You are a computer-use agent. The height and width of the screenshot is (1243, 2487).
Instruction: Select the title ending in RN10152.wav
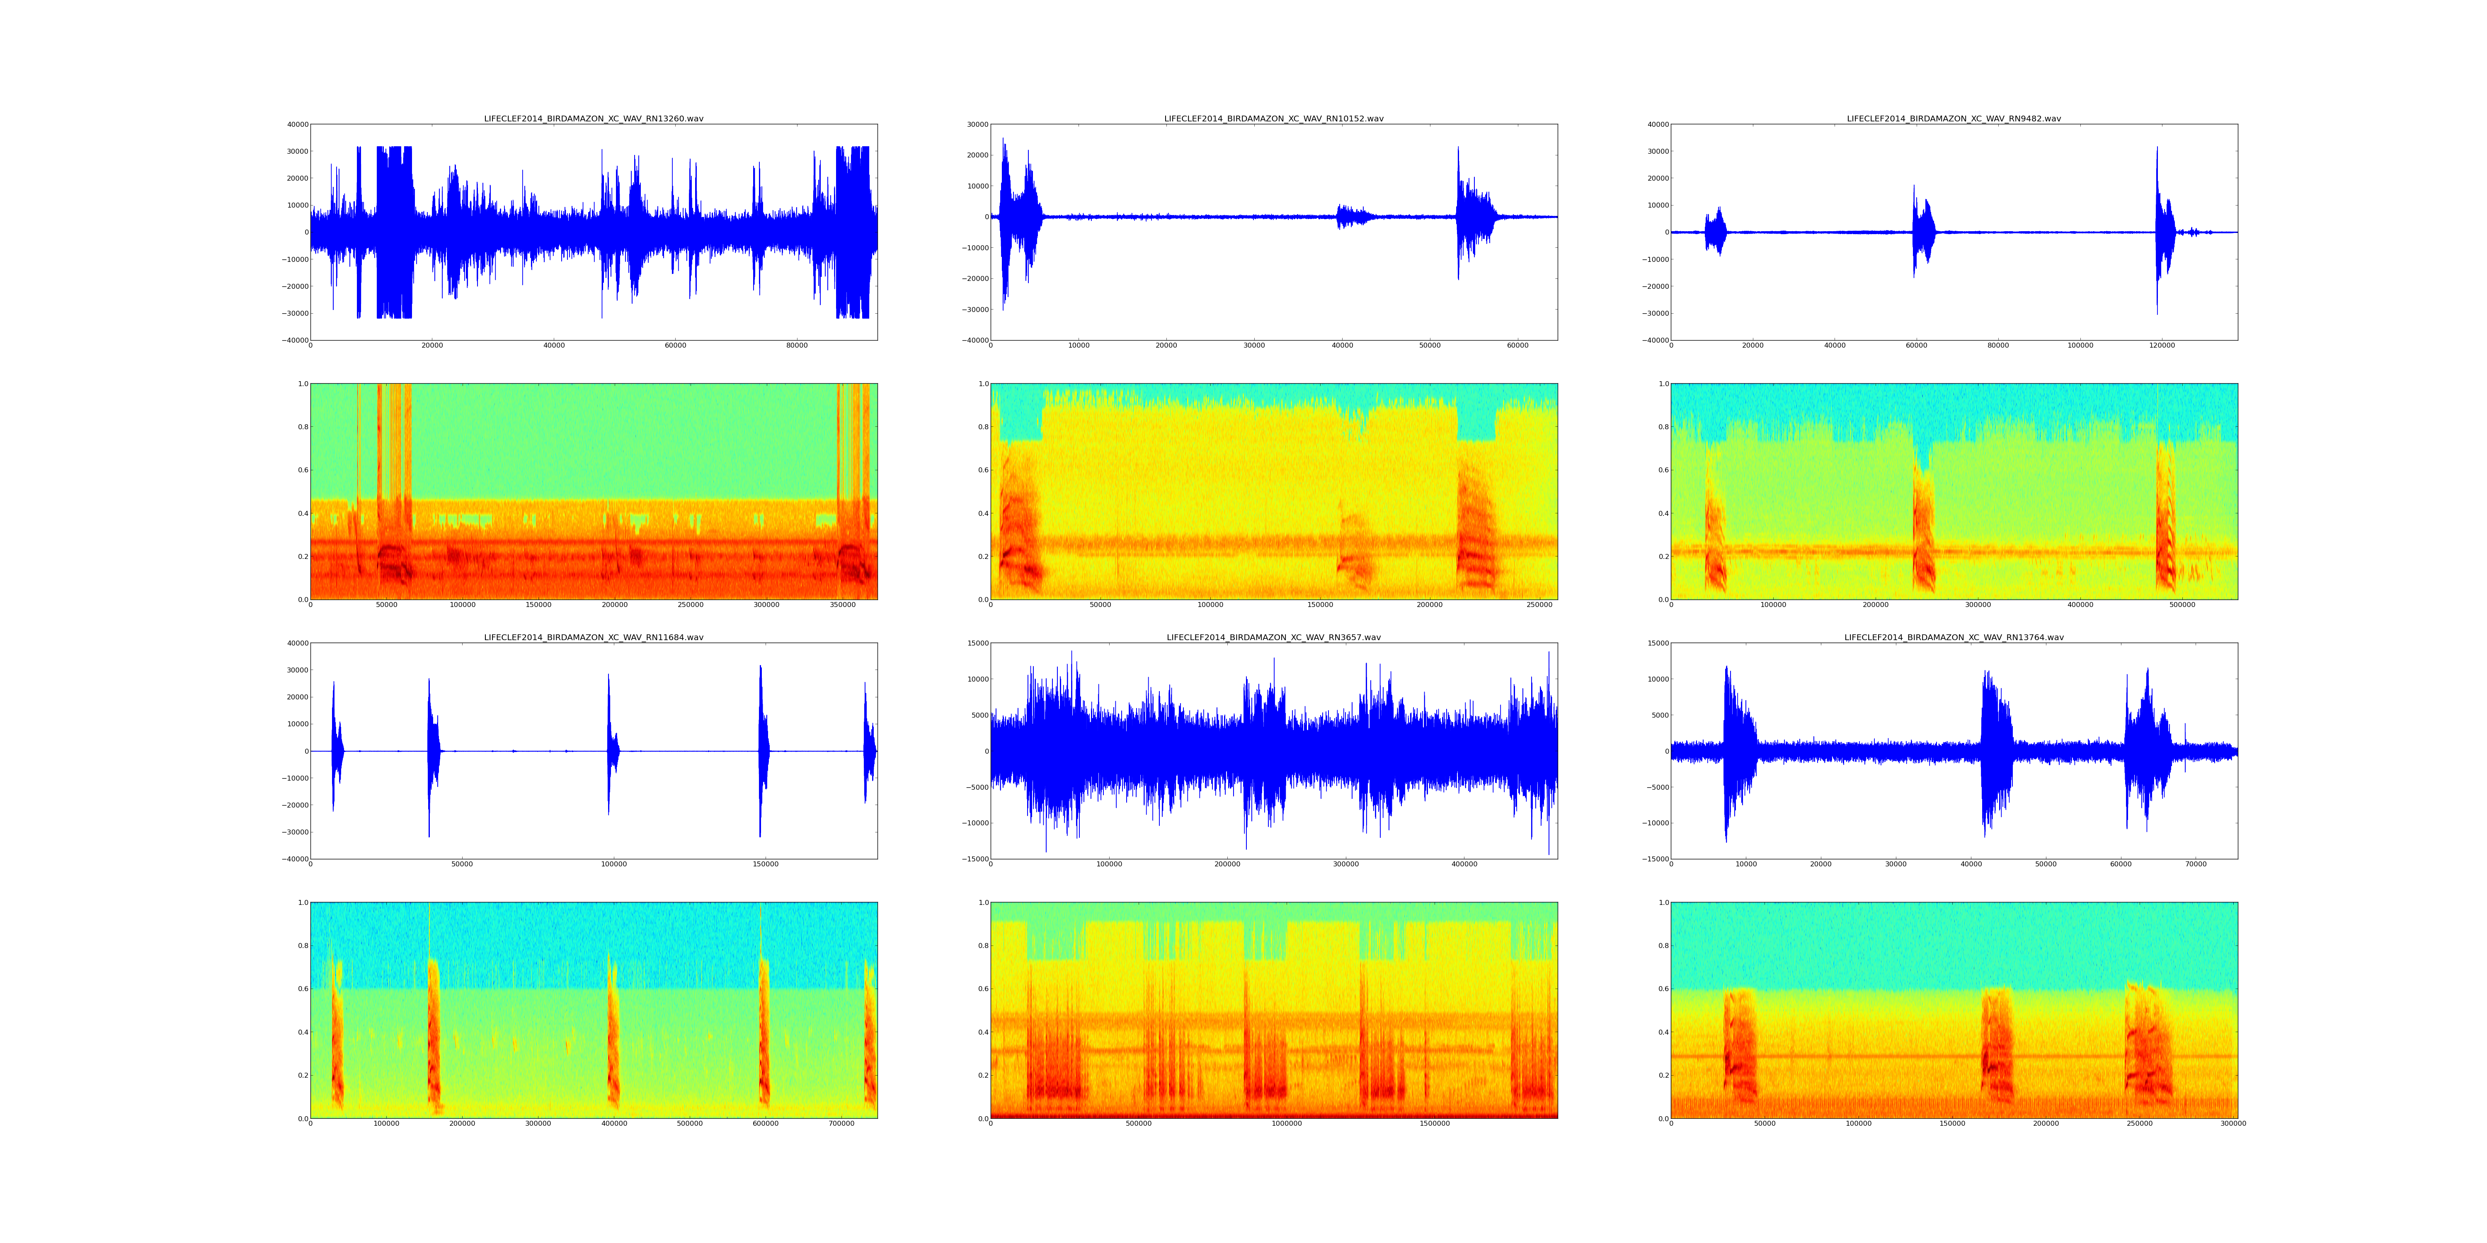[1273, 118]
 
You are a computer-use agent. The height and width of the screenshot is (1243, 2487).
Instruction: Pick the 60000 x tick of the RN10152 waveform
[1517, 346]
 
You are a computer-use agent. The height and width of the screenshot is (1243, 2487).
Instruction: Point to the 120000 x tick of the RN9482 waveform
[2162, 346]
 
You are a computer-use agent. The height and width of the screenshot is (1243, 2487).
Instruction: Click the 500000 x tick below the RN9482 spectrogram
[2183, 605]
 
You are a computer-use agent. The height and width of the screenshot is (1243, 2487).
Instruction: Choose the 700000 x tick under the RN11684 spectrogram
[842, 1123]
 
